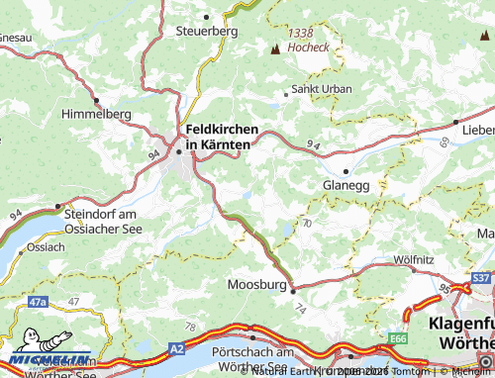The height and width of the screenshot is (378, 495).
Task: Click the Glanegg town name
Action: coord(346,185)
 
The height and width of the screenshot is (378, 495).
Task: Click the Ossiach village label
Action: coord(47,246)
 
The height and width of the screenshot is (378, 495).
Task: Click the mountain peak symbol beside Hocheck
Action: coord(274,47)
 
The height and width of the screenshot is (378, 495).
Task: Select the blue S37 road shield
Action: coord(481,280)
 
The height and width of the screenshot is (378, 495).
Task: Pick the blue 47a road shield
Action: coord(38,301)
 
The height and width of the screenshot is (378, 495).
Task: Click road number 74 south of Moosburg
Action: coord(300,310)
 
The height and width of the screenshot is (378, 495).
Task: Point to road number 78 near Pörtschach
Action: coord(191,325)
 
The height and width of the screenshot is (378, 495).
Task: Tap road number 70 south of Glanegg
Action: coord(306,225)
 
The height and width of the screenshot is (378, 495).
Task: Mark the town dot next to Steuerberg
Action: coord(206,17)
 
